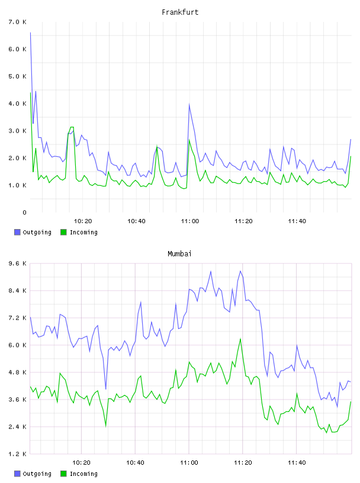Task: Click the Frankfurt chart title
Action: tap(180, 12)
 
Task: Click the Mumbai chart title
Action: tap(179, 254)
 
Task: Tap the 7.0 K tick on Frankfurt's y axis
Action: tap(18, 22)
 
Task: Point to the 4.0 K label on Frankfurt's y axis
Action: tap(18, 104)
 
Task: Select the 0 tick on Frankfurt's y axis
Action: tap(24, 212)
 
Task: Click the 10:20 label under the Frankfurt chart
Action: tap(83, 221)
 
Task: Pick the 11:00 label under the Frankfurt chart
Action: tap(190, 221)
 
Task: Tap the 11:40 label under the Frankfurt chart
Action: tap(297, 221)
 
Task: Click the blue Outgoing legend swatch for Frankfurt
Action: tap(17, 232)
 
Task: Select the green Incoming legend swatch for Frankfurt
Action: tap(63, 232)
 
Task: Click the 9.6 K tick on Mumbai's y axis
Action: tap(18, 263)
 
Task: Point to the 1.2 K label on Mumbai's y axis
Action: tap(18, 454)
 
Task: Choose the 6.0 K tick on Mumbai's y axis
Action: tap(18, 345)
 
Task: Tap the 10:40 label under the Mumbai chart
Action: tap(136, 463)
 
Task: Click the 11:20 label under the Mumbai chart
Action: tap(243, 463)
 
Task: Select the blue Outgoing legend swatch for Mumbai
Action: tap(17, 474)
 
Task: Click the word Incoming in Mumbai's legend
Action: tap(83, 474)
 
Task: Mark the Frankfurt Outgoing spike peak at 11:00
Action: tap(189, 104)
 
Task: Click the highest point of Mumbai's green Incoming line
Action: tap(240, 339)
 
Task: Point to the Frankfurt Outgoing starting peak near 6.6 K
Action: tap(31, 33)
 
